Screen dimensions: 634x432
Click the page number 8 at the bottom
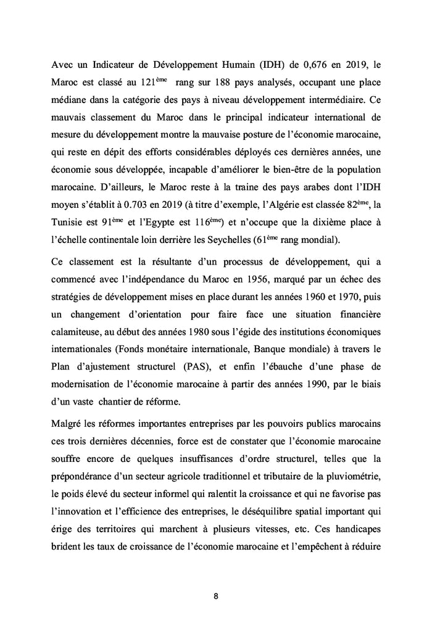pyautogui.click(x=216, y=596)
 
